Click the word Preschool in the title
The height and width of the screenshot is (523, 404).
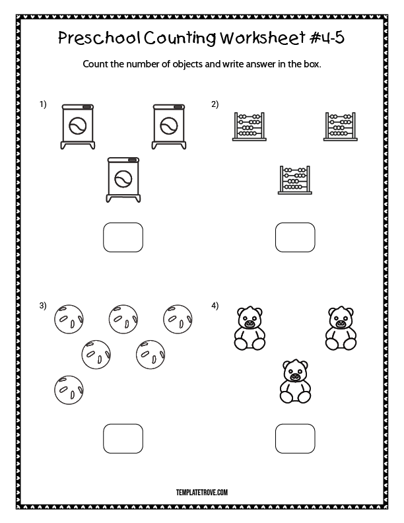(x=99, y=38)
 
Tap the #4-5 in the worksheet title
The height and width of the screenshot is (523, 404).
(x=327, y=38)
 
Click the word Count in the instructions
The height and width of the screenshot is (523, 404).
(x=95, y=63)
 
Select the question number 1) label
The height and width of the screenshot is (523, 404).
(x=43, y=104)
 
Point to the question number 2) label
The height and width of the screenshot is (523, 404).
(x=215, y=104)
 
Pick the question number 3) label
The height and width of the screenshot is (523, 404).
(x=43, y=306)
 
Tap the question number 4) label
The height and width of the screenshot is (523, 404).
(x=215, y=306)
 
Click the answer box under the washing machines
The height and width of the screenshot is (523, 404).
(x=123, y=237)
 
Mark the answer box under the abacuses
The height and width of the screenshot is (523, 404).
(x=295, y=237)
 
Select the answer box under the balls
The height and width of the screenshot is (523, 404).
(x=123, y=438)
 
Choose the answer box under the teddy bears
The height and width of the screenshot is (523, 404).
(x=295, y=438)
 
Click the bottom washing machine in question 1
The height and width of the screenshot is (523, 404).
(x=123, y=180)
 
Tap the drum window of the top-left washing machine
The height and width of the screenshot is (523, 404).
(x=78, y=126)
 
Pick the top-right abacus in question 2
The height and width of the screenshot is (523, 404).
(x=341, y=126)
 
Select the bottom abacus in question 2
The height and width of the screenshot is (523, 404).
(x=295, y=180)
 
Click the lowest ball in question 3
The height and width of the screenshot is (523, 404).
(x=69, y=390)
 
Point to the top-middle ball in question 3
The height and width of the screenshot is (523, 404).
(x=123, y=319)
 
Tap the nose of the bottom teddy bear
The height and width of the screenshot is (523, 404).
(x=295, y=376)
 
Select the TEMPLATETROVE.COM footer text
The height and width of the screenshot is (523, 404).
(x=202, y=493)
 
